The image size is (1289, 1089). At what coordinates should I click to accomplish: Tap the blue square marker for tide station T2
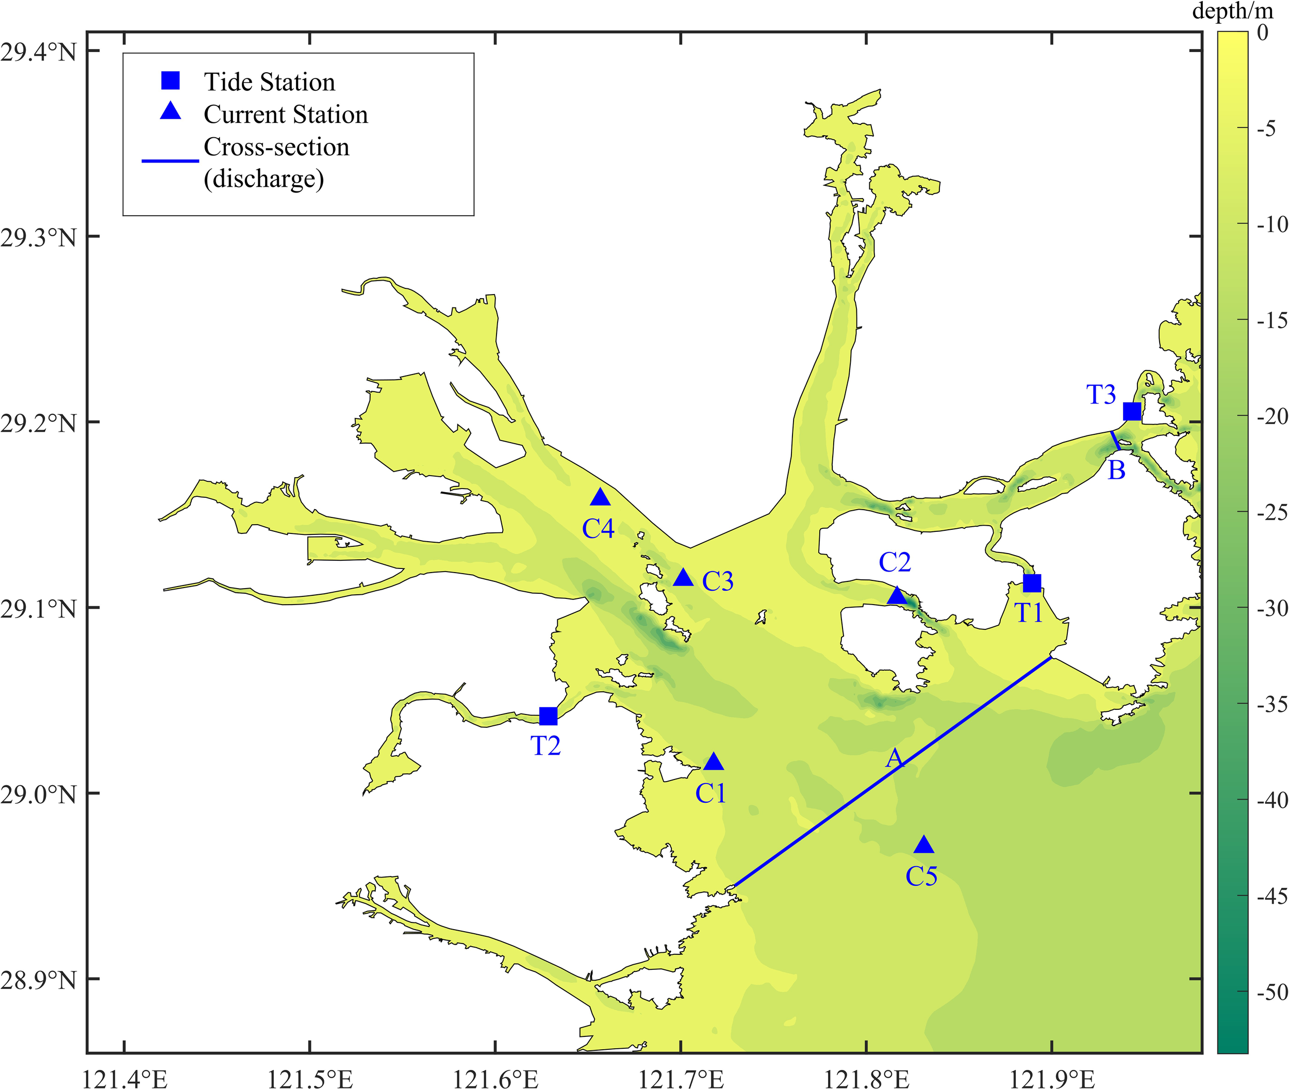tap(548, 716)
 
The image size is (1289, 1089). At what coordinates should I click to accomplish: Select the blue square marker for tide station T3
tap(1132, 411)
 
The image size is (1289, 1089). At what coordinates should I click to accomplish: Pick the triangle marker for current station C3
tap(683, 578)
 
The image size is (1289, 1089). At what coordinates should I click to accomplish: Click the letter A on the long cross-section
tap(894, 759)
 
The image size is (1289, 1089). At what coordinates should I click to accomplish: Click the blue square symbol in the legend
tap(170, 81)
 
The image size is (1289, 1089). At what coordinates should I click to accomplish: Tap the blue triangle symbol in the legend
tap(170, 112)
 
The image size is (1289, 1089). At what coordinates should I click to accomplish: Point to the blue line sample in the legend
tap(170, 161)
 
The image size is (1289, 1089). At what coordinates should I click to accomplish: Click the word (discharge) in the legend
tap(263, 180)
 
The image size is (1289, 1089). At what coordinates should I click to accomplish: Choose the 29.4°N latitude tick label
tap(38, 52)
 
